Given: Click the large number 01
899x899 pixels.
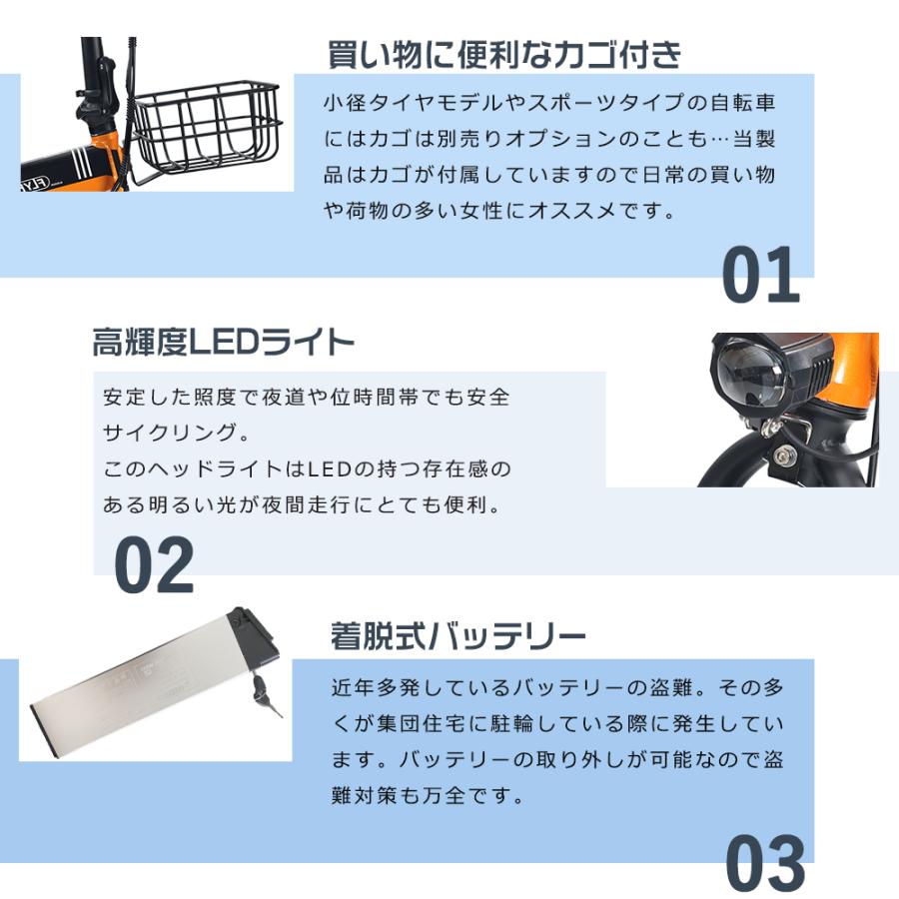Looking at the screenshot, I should point(760,276).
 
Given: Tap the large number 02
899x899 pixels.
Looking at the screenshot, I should point(153,566).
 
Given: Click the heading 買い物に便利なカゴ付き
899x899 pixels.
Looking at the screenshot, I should point(504,54).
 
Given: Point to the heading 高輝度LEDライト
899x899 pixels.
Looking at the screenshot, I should point(223,345).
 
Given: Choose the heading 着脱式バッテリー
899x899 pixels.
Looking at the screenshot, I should point(457,635).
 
